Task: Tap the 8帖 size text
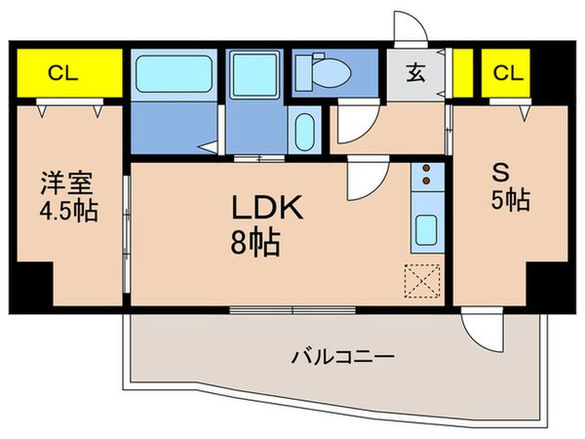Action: (x=255, y=240)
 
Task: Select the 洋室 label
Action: (x=66, y=182)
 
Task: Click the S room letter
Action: (x=500, y=175)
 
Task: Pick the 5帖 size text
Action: (x=509, y=202)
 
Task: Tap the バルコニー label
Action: (x=341, y=357)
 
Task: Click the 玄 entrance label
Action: (x=415, y=71)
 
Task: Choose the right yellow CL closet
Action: (x=505, y=72)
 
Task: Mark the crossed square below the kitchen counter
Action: (x=424, y=281)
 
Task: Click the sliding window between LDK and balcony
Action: (x=292, y=311)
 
